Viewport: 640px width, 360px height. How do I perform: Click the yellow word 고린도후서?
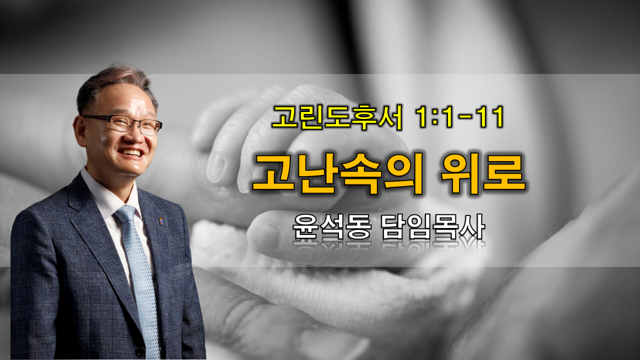(x=337, y=117)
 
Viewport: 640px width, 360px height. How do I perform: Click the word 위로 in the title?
(x=482, y=174)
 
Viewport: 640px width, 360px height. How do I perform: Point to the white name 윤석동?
(x=332, y=227)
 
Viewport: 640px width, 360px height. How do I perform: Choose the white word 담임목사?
(x=433, y=227)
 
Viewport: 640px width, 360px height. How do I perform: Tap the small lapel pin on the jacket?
(x=161, y=220)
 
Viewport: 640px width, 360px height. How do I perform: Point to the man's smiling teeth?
(x=131, y=152)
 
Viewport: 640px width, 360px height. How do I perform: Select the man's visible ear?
(x=80, y=131)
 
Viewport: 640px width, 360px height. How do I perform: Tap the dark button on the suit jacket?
(x=139, y=351)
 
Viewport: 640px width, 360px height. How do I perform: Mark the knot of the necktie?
(x=125, y=213)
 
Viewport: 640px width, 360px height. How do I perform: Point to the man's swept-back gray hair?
(x=114, y=83)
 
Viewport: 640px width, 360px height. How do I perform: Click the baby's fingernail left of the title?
(x=215, y=167)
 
